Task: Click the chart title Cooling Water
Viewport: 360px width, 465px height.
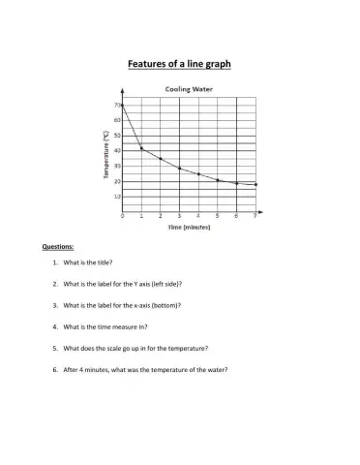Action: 188,88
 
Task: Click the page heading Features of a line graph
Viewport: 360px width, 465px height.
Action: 180,65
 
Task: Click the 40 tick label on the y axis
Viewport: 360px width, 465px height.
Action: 117,150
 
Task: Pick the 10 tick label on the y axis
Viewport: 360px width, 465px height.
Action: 117,196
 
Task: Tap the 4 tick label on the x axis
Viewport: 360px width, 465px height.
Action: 198,216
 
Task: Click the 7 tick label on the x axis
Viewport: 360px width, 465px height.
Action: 255,216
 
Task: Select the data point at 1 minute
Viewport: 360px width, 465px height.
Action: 141,148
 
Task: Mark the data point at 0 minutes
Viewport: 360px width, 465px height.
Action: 123,105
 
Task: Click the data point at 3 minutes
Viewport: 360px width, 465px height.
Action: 179,169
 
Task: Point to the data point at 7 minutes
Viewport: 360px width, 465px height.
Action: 255,184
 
